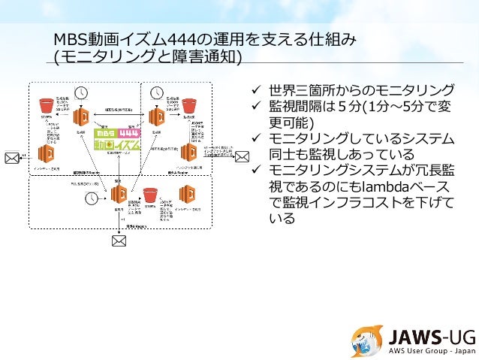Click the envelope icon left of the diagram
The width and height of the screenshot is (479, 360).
[x=12, y=157]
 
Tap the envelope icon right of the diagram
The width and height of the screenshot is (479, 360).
[x=243, y=156]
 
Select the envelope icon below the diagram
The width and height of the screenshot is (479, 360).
[x=119, y=241]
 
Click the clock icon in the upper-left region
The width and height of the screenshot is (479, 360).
[x=81, y=92]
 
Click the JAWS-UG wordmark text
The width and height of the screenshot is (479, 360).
[x=424, y=335]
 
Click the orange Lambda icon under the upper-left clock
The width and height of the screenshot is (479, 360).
[x=81, y=117]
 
